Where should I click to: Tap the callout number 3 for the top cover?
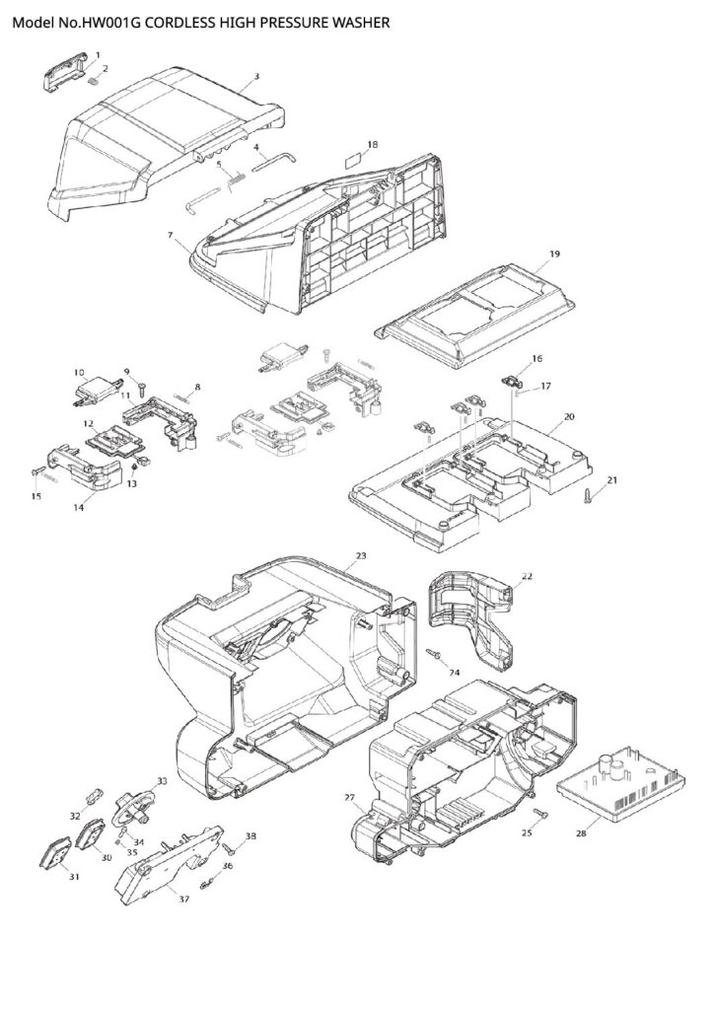pos(256,75)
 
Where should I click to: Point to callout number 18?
pos(372,144)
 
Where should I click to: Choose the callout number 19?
pos(554,253)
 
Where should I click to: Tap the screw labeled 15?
pos(39,473)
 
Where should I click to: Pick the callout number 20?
pos(568,416)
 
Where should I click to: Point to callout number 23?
pos(361,556)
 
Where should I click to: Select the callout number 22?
pos(527,575)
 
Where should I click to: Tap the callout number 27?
pos(349,796)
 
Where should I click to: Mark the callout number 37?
pos(183,898)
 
